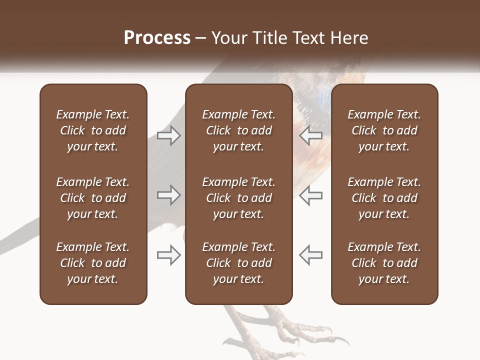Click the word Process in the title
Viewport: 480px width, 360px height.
click(x=157, y=38)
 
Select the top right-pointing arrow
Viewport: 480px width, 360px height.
click(x=168, y=135)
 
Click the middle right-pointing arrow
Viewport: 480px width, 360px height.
click(x=168, y=195)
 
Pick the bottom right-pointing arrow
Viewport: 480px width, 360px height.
click(x=168, y=255)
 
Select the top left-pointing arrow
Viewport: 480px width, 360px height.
click(x=311, y=135)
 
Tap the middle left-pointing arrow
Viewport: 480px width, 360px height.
click(x=311, y=195)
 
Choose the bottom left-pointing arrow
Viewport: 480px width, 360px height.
click(x=311, y=255)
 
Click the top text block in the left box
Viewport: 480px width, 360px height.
click(x=93, y=130)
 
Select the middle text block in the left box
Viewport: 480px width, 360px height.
click(x=93, y=198)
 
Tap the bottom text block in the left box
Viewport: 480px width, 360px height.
click(x=93, y=263)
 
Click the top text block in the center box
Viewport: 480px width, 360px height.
click(x=239, y=130)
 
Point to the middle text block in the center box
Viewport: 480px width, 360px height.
click(x=239, y=198)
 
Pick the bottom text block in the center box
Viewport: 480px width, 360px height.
click(x=239, y=263)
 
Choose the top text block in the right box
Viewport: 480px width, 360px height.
click(x=384, y=130)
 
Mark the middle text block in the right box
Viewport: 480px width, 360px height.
click(x=384, y=198)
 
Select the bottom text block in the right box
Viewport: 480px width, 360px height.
click(x=384, y=263)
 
